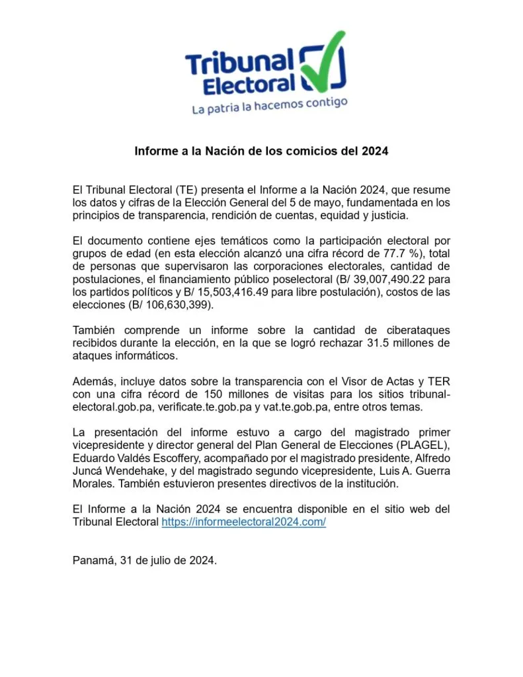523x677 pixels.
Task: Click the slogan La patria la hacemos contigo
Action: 269,106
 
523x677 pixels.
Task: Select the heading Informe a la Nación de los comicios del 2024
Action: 261,151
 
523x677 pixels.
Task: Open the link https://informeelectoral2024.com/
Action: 244,522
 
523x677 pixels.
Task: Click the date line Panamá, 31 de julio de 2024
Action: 145,560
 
